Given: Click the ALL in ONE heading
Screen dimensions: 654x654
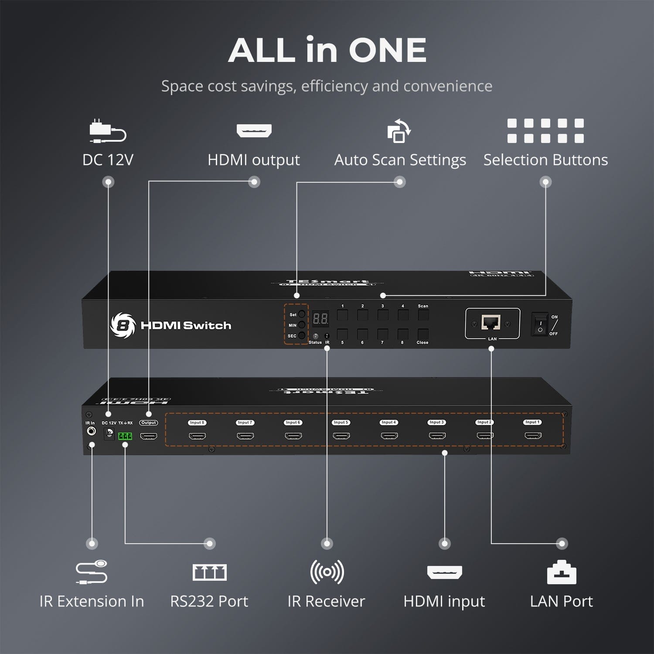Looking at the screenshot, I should pyautogui.click(x=327, y=50).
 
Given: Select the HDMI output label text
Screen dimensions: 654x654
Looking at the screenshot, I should pyautogui.click(x=254, y=160).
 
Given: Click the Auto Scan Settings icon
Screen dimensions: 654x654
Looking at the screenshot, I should pyautogui.click(x=399, y=131).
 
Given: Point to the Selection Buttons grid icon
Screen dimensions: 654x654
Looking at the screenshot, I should pyautogui.click(x=545, y=131).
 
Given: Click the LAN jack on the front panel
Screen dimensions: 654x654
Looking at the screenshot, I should pyautogui.click(x=490, y=323).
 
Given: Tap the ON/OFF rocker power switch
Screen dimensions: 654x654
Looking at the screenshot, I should pyautogui.click(x=540, y=325).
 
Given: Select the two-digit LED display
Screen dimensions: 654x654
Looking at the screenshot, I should pyautogui.click(x=320, y=319).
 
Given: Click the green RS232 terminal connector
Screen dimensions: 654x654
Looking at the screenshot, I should pyautogui.click(x=125, y=436).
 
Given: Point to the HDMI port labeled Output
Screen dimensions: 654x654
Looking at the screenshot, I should pyautogui.click(x=149, y=436).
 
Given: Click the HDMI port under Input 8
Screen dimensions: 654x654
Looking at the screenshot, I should pyautogui.click(x=197, y=436).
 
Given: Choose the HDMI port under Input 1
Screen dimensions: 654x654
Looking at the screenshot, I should pyautogui.click(x=533, y=435).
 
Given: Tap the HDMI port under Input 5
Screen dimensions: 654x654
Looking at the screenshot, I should pyautogui.click(x=341, y=436).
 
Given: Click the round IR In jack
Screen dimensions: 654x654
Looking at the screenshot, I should pyautogui.click(x=91, y=432).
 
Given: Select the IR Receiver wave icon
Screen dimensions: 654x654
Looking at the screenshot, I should pyautogui.click(x=327, y=572).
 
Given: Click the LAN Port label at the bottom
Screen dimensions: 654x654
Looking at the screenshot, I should pyautogui.click(x=561, y=602).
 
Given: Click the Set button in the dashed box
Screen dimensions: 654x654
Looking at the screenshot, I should pyautogui.click(x=301, y=314).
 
